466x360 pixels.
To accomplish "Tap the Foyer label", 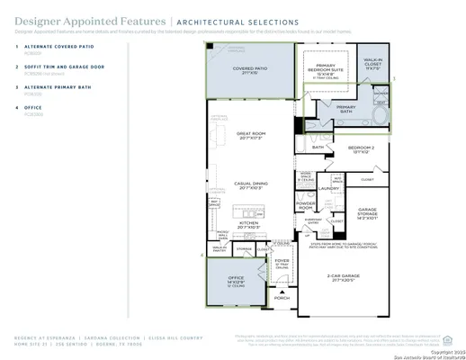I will pyautogui.click(x=282, y=262).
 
